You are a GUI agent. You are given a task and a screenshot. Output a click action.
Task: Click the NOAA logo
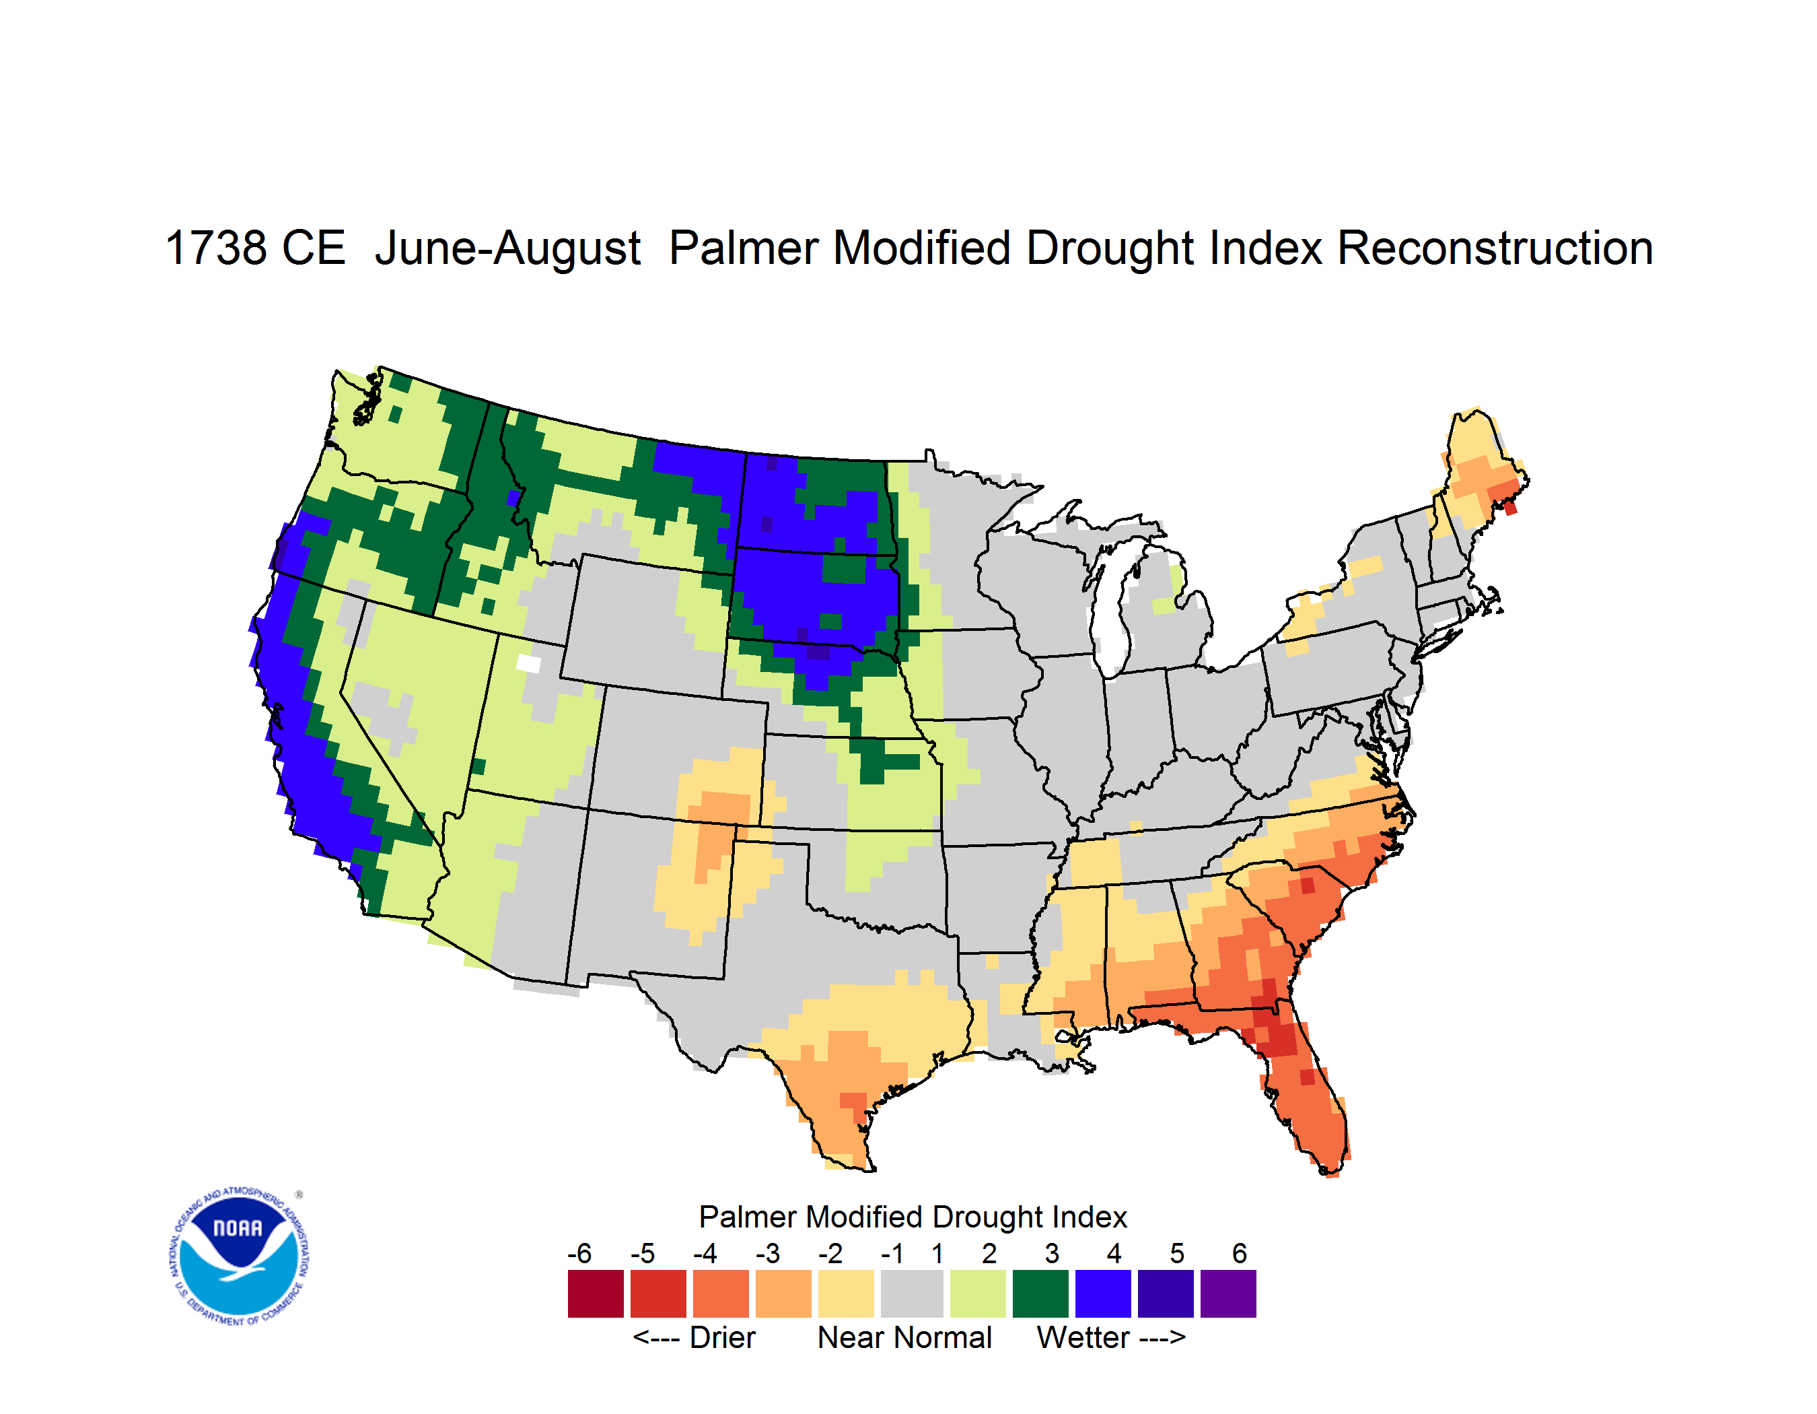[238, 1256]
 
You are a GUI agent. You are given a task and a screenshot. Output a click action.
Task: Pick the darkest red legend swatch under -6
[596, 1293]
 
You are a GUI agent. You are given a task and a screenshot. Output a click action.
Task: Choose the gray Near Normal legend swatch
[912, 1293]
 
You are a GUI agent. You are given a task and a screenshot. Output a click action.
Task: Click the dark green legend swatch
[1040, 1293]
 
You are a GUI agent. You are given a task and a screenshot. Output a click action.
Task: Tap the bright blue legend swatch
[1103, 1293]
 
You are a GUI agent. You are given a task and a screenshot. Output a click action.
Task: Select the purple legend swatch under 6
[1228, 1293]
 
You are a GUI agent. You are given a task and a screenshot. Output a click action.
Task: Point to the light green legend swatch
[978, 1293]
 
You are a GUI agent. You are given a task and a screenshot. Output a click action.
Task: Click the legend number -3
[767, 1253]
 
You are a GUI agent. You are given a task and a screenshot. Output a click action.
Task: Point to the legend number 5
[1177, 1253]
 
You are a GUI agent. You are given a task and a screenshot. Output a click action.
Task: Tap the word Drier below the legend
[722, 1337]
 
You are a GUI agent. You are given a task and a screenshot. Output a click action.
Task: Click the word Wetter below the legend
[1083, 1337]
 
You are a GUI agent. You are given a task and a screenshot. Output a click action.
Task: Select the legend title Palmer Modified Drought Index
[913, 1217]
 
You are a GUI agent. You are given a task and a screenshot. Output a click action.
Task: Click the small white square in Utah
[528, 663]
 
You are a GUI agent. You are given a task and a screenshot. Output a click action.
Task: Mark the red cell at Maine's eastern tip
[1511, 508]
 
